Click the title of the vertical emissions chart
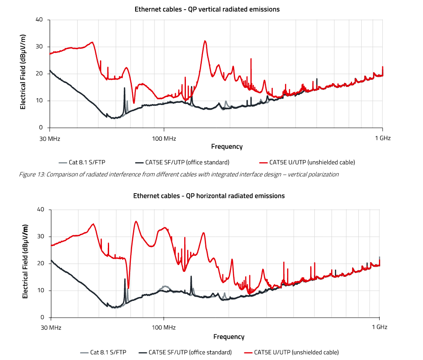tap(207, 9)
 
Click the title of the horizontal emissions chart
tap(209, 196)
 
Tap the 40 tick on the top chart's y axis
tap(39, 19)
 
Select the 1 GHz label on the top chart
tap(382, 138)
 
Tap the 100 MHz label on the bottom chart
tap(163, 327)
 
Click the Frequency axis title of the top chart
tap(227, 147)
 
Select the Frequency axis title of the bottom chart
tap(229, 336)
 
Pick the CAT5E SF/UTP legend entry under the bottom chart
tap(190, 352)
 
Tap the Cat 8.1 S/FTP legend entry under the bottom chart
tap(108, 352)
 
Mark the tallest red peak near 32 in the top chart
tap(205, 41)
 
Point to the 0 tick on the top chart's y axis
tap(41, 128)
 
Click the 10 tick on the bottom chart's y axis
tap(41, 290)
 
